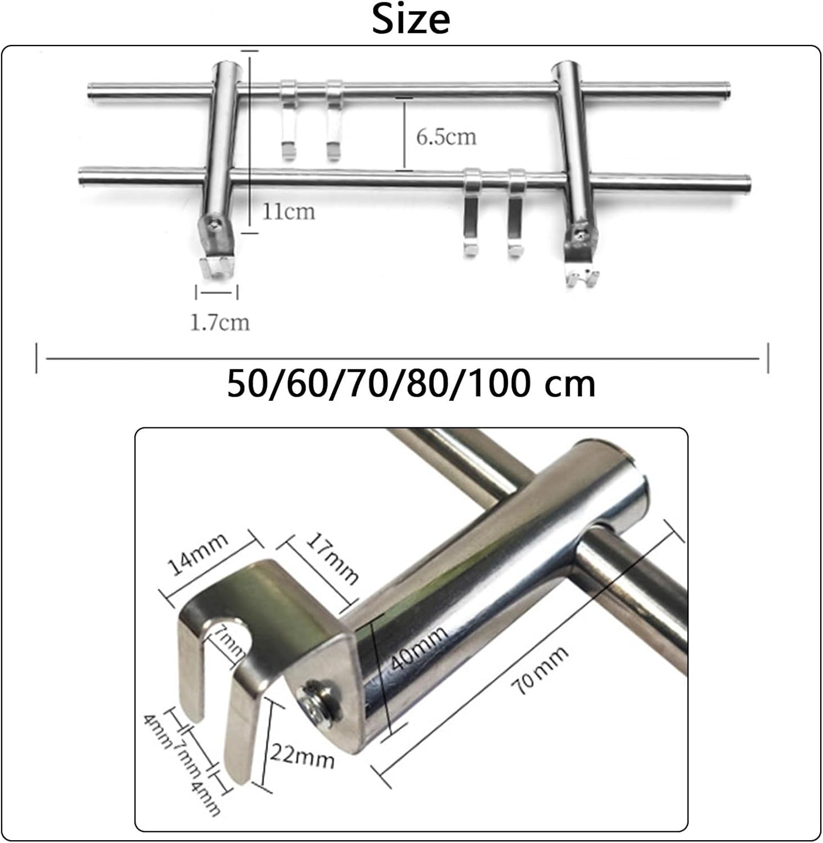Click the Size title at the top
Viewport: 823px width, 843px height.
(x=411, y=20)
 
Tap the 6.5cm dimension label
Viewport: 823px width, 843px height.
(x=446, y=137)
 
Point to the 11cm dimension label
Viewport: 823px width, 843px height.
(x=289, y=212)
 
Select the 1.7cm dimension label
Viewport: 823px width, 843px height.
(x=220, y=323)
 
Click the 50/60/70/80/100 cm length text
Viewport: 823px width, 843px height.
(x=411, y=384)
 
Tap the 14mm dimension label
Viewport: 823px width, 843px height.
(x=198, y=554)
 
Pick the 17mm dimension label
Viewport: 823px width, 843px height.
(x=331, y=558)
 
